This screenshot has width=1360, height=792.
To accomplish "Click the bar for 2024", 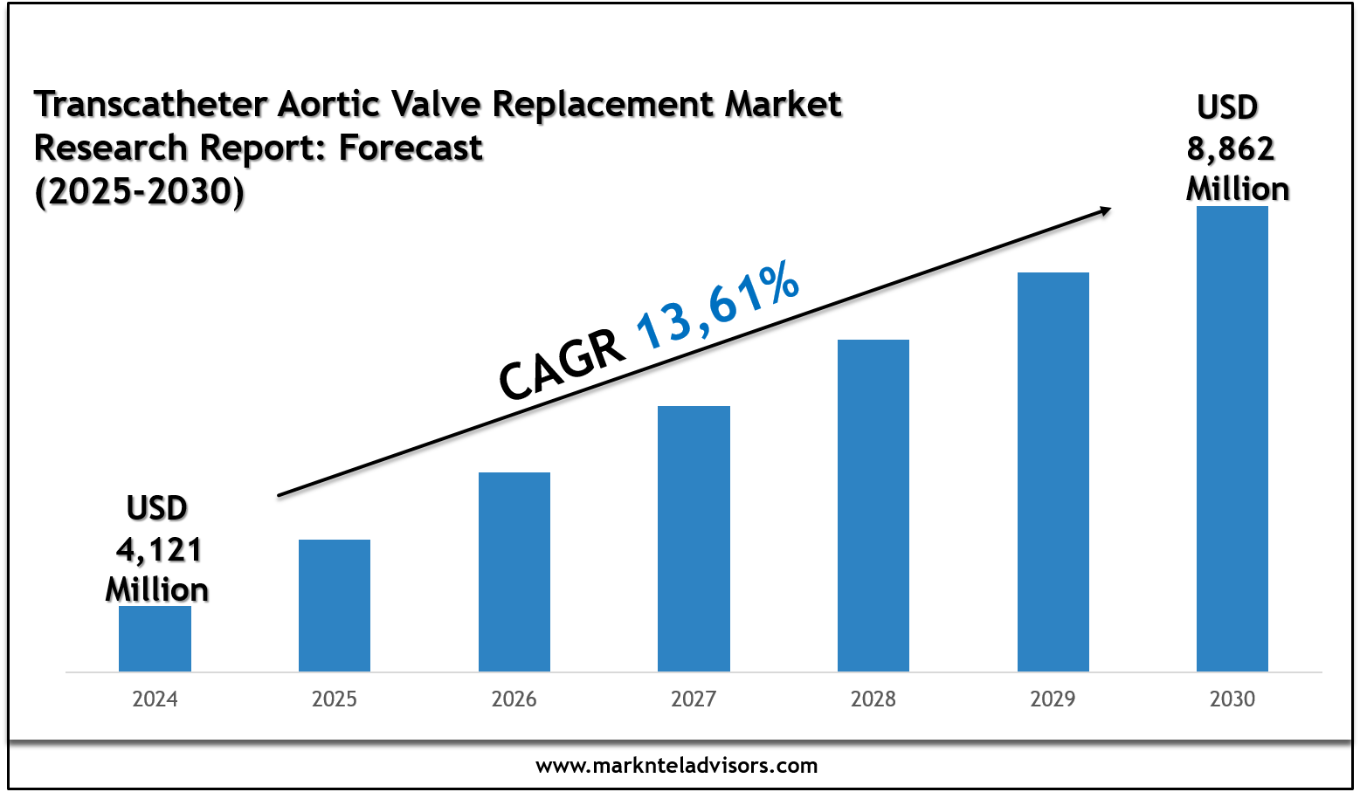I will point(155,638).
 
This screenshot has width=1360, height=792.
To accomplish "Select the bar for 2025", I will point(335,605).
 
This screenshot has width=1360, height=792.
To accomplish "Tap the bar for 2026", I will point(514,572).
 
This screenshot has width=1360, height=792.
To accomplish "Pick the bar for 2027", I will point(694,539).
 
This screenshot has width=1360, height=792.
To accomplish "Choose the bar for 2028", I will point(873,506).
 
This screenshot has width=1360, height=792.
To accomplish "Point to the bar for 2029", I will point(1053,472).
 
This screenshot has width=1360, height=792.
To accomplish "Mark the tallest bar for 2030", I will point(1232,438).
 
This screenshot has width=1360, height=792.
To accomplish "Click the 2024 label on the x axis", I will point(155,699).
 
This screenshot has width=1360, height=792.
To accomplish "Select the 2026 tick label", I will point(514,699).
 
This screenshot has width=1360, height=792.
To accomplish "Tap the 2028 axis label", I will point(873,699).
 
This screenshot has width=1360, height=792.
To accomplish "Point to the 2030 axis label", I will point(1232,699).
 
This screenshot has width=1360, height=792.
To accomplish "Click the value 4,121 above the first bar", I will point(159,550).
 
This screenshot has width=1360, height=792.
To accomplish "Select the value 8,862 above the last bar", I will point(1230,149).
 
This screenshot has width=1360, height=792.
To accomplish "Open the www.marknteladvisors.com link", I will point(677,766).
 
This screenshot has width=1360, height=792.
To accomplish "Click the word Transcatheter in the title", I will point(150,105).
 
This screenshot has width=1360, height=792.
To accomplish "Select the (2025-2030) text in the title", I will point(140,191).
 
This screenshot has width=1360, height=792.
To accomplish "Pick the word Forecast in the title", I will point(411,148).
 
